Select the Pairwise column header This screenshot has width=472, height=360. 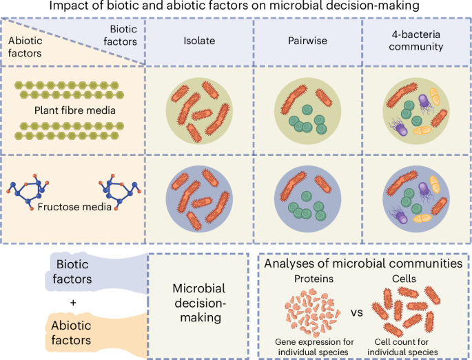pyautogui.click(x=307, y=40)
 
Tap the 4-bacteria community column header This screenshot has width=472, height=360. pyautogui.click(x=415, y=40)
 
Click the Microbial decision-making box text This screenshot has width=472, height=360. pyautogui.click(x=197, y=303)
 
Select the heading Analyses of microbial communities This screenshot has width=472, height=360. pyautogui.click(x=363, y=263)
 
